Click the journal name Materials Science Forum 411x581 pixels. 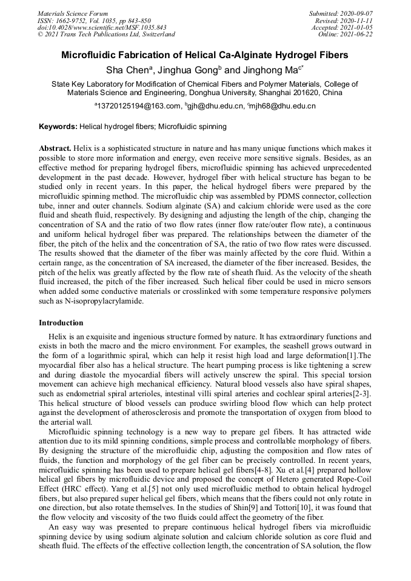(x=73, y=13)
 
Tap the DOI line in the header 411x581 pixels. (x=102, y=27)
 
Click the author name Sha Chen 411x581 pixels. (x=129, y=70)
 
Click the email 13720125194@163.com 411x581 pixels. (x=138, y=107)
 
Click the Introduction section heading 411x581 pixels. (x=61, y=323)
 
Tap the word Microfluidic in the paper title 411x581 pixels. (x=92, y=55)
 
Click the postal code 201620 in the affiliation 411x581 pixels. (x=296, y=93)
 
